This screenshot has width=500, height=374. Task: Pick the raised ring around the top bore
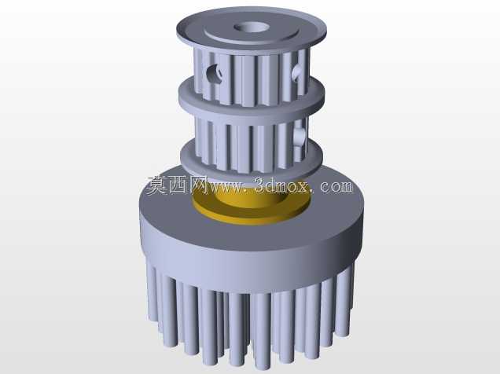(252, 38)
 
